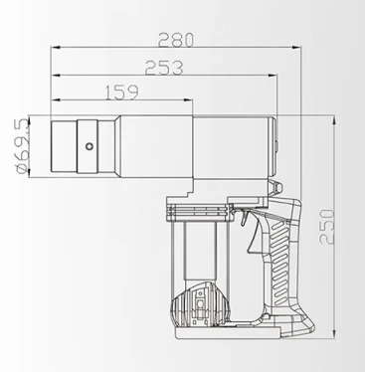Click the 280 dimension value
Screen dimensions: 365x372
coord(175,40)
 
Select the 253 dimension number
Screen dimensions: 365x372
coord(164,68)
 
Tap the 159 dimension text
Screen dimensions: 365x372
coord(121,93)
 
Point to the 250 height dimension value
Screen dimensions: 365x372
coord(327,227)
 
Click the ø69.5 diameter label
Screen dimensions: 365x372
coord(23,146)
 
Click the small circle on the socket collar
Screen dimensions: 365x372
coord(89,146)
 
